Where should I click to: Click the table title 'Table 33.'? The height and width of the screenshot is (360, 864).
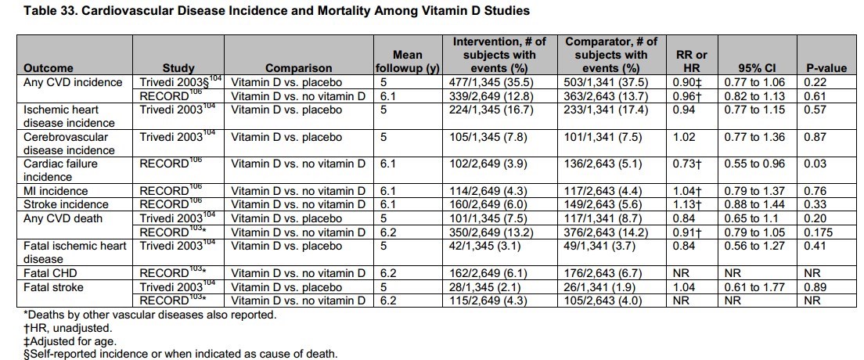click(x=31, y=11)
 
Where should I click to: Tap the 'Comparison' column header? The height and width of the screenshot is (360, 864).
click(x=298, y=69)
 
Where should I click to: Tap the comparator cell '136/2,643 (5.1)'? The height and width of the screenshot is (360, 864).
click(x=610, y=164)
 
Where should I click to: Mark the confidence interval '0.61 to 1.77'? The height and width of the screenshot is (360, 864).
click(x=746, y=286)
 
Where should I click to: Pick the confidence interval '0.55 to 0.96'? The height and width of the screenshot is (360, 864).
click(x=746, y=164)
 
